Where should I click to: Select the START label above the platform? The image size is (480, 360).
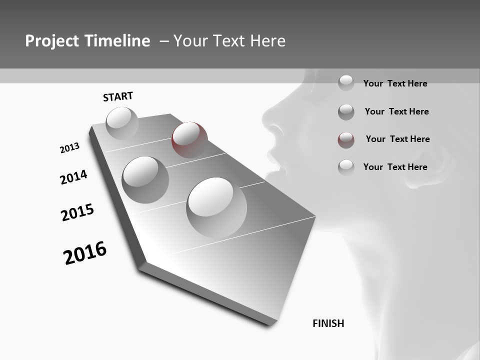point(118,96)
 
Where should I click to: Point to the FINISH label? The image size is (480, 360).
point(328,323)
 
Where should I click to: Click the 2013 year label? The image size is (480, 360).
point(69,148)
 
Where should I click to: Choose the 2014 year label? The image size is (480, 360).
point(73,177)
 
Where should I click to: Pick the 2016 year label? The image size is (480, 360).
point(85,253)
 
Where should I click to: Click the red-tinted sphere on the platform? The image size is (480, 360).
point(189,139)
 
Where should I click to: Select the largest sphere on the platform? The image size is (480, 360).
point(216,207)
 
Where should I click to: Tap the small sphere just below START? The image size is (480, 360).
point(122,123)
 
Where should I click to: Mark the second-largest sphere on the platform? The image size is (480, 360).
point(145,179)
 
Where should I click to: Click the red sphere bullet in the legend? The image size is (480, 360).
point(346,140)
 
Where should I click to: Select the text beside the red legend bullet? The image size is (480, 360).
point(397,139)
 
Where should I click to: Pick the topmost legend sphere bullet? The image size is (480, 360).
point(346,82)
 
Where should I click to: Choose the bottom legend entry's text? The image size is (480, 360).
point(395,167)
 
